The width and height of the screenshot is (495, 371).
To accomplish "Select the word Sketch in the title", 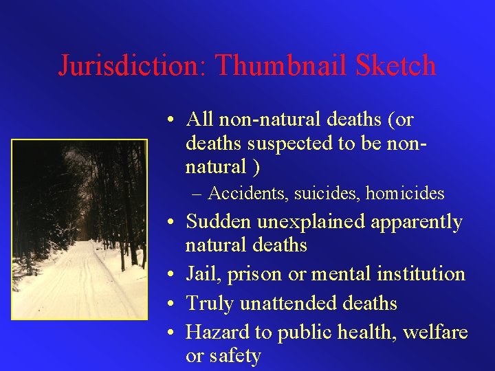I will tap(397, 66).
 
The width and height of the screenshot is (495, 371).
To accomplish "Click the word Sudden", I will tap(219, 222).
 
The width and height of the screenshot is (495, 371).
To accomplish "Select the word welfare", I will tap(436, 333).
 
